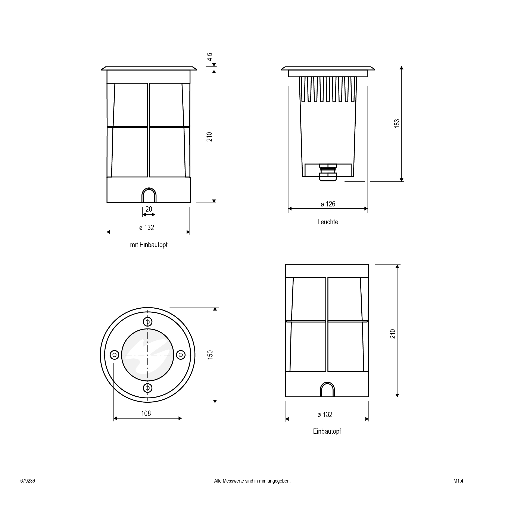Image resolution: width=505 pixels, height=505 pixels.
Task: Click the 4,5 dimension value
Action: (210, 57)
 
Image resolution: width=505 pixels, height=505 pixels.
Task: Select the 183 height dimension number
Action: (397, 124)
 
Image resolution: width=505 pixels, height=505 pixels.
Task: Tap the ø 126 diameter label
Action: (328, 204)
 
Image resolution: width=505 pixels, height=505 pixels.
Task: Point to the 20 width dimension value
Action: (149, 209)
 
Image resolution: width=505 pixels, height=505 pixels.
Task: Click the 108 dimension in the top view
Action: (146, 413)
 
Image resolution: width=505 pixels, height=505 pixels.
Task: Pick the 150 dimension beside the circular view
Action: (210, 355)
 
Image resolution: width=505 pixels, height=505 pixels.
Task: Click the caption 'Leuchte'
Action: (328, 222)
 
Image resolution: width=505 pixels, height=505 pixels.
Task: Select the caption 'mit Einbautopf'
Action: (149, 245)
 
